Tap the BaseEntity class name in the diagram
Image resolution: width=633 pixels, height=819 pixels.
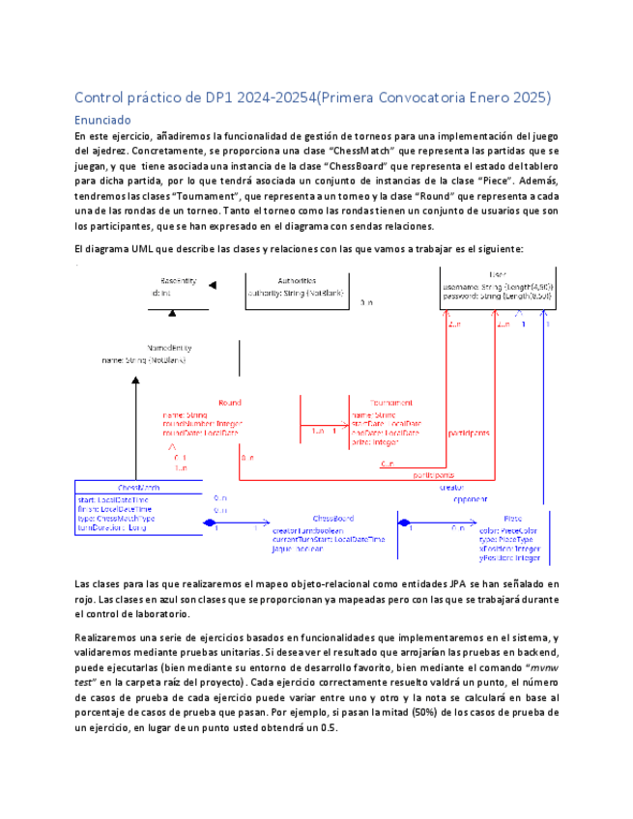pyautogui.click(x=178, y=280)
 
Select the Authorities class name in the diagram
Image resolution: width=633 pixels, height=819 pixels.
pyautogui.click(x=295, y=280)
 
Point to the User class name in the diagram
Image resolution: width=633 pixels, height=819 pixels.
pyautogui.click(x=497, y=274)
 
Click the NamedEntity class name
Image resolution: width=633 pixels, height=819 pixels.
pyautogui.click(x=169, y=348)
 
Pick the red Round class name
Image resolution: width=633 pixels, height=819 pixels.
pyautogui.click(x=229, y=402)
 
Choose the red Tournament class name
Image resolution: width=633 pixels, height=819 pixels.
pyautogui.click(x=391, y=402)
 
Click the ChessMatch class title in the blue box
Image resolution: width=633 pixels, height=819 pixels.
pyautogui.click(x=138, y=488)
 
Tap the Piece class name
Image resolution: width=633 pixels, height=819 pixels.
pyautogui.click(x=512, y=519)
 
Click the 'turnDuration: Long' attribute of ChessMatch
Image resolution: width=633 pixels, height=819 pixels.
pyautogui.click(x=112, y=528)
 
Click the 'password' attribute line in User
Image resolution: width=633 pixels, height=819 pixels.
pyautogui.click(x=497, y=297)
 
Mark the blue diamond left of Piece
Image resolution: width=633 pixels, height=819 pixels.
pyautogui.click(x=405, y=523)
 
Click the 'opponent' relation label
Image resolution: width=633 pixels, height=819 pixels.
pyautogui.click(x=471, y=499)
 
